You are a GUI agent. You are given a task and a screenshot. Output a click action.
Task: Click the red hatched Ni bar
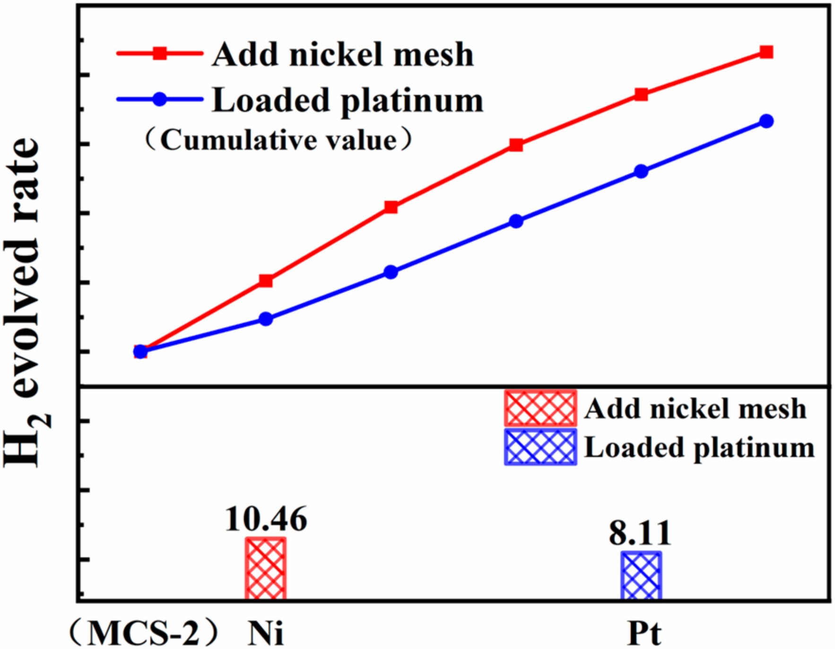(x=265, y=569)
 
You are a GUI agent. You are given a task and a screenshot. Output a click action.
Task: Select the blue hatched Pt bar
(x=641, y=575)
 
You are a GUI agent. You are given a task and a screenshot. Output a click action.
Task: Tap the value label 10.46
(x=266, y=519)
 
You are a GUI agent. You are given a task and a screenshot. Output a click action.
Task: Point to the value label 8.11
(x=640, y=533)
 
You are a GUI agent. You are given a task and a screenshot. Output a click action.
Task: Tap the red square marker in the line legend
(x=160, y=53)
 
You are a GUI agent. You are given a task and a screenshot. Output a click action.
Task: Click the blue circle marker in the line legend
(x=160, y=99)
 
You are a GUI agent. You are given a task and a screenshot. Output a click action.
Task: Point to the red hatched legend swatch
(x=540, y=408)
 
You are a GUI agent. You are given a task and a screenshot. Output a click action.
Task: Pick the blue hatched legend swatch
(x=540, y=447)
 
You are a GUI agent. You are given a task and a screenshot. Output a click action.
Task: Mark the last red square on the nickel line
(x=766, y=52)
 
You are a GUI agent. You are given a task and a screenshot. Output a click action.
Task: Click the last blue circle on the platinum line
(x=766, y=121)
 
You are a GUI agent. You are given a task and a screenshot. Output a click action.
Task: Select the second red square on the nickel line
(x=266, y=281)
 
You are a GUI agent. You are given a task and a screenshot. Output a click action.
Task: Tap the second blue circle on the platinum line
(x=266, y=319)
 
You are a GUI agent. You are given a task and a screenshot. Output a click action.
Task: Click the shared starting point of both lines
(x=140, y=351)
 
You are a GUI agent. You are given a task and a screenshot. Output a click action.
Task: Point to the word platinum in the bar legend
(x=754, y=448)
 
